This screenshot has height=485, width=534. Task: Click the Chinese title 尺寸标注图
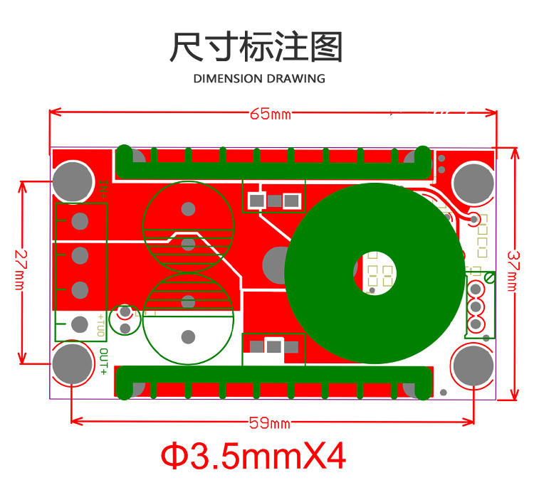(x=256, y=47)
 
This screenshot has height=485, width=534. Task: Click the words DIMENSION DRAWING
(x=259, y=78)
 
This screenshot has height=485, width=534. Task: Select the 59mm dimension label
(x=269, y=424)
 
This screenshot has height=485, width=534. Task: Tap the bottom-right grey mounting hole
(x=473, y=365)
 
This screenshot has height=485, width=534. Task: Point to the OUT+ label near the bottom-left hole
(x=104, y=361)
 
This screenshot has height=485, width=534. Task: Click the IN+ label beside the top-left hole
(x=103, y=188)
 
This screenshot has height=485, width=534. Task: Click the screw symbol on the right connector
(x=490, y=276)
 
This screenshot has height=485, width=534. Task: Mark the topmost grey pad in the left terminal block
(x=80, y=221)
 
